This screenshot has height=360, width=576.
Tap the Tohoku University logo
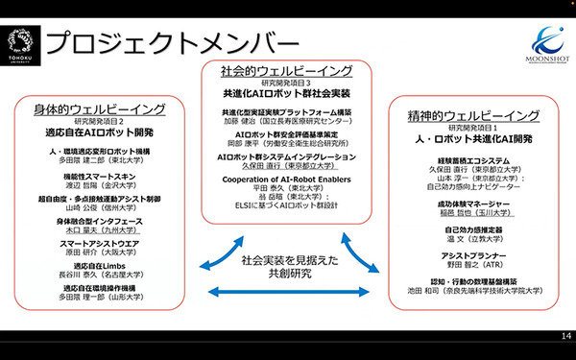(20, 43)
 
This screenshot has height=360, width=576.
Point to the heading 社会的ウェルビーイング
(286, 72)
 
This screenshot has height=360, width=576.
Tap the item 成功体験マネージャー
(469, 204)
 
